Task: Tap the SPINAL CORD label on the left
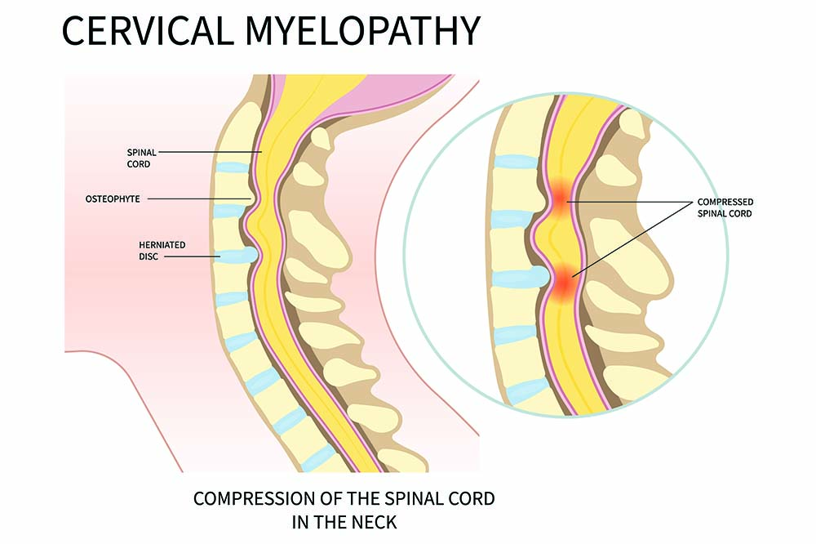[141, 157]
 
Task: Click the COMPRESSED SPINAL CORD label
[725, 207]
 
